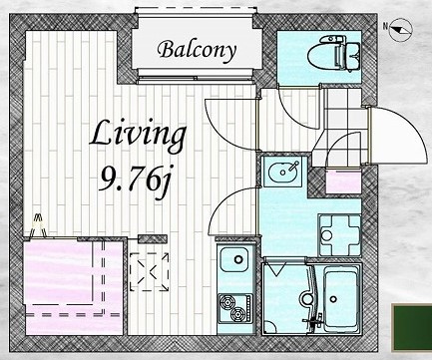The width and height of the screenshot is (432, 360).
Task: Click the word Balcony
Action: tap(197, 50)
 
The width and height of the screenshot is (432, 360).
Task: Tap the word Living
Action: tap(138, 136)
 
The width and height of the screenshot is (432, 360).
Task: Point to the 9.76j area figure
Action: tap(136, 182)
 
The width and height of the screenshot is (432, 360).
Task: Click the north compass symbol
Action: tap(400, 30)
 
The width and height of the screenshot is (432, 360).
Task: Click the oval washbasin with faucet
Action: tap(282, 172)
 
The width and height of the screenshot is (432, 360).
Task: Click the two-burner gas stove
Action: tap(235, 308)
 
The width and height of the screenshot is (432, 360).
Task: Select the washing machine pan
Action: tap(339, 235)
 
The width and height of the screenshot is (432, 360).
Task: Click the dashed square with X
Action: tap(150, 272)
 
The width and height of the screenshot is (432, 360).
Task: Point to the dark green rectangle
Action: tap(412, 326)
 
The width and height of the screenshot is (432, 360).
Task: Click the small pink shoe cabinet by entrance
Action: tap(343, 181)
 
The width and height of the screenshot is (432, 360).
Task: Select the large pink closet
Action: tap(73, 287)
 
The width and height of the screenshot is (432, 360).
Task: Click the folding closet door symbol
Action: tap(39, 226)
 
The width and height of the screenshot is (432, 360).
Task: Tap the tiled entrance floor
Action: tap(342, 127)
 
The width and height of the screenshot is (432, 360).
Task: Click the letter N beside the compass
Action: tap(386, 26)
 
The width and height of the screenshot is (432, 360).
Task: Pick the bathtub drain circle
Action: tap(334, 299)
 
